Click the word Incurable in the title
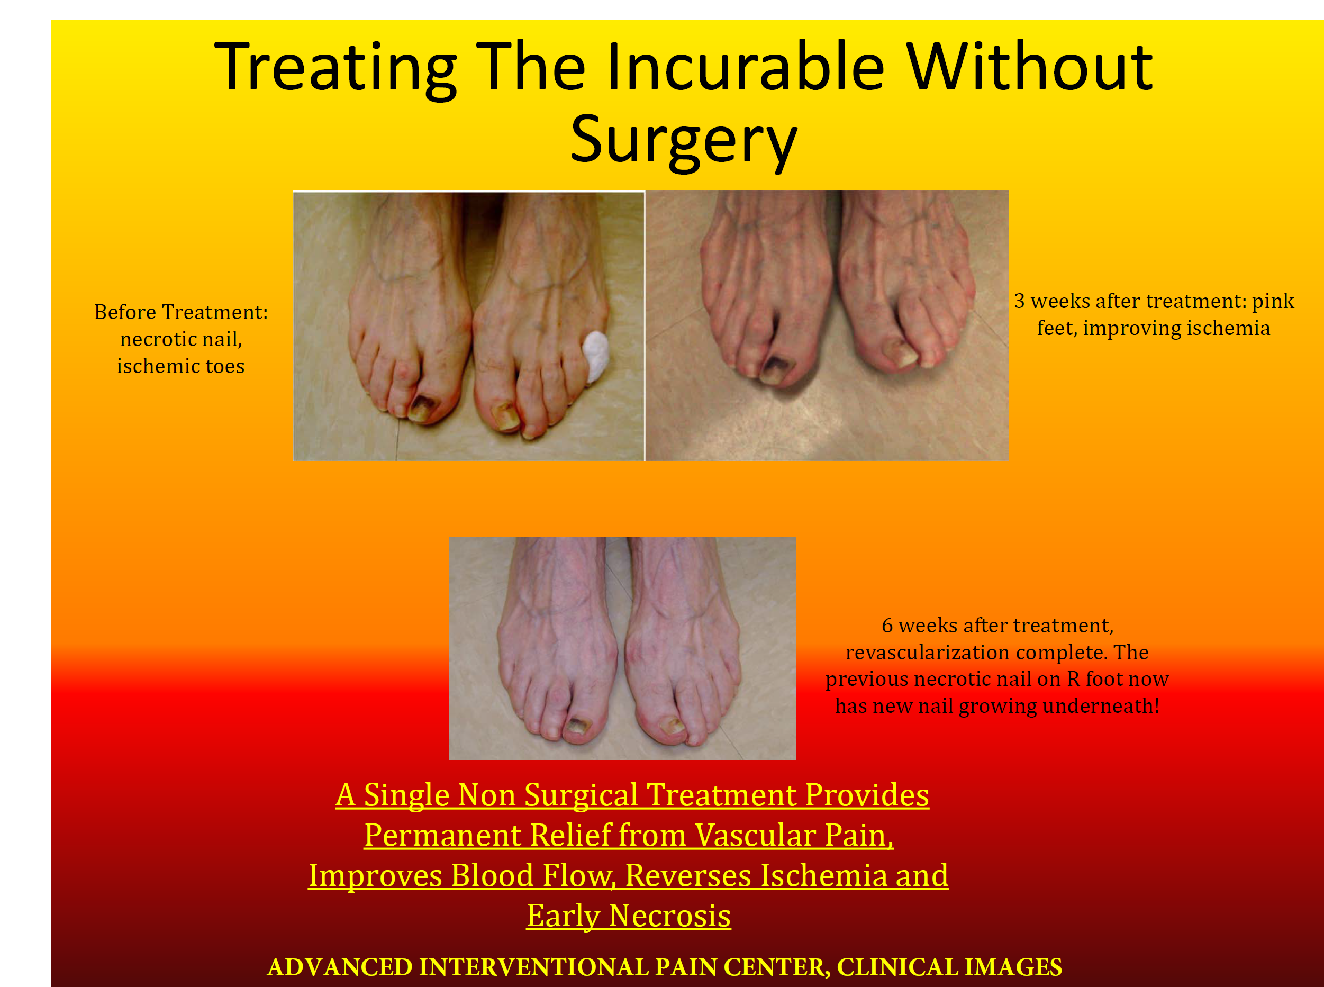[745, 66]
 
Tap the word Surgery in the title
[684, 141]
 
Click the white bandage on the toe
[596, 357]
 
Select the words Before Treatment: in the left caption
[181, 312]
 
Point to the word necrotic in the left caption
[158, 339]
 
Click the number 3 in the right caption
[1019, 301]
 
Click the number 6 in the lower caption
[887, 626]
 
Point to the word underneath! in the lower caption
[1101, 706]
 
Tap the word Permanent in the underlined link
[443, 835]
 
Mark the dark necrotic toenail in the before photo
[424, 409]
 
